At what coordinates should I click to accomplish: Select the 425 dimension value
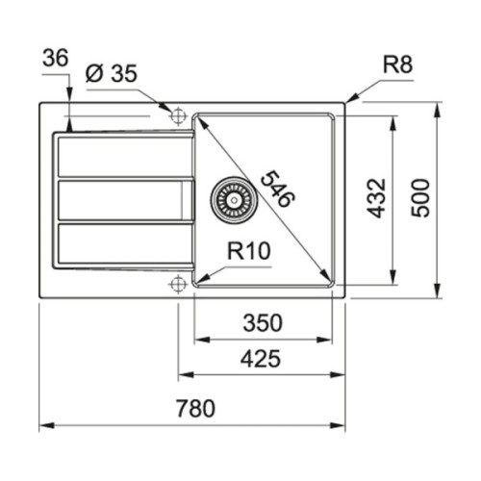coord(261,360)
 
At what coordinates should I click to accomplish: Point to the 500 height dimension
coord(420,198)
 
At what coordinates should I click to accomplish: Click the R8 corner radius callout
coord(397,66)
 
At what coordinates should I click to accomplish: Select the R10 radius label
coord(248,252)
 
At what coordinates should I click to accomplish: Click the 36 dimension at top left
coord(56,60)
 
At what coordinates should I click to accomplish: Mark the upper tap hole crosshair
coord(177,115)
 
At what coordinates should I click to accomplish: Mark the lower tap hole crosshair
coord(177,284)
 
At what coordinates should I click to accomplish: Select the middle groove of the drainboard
coord(120,199)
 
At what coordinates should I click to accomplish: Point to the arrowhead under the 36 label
coord(70,122)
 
